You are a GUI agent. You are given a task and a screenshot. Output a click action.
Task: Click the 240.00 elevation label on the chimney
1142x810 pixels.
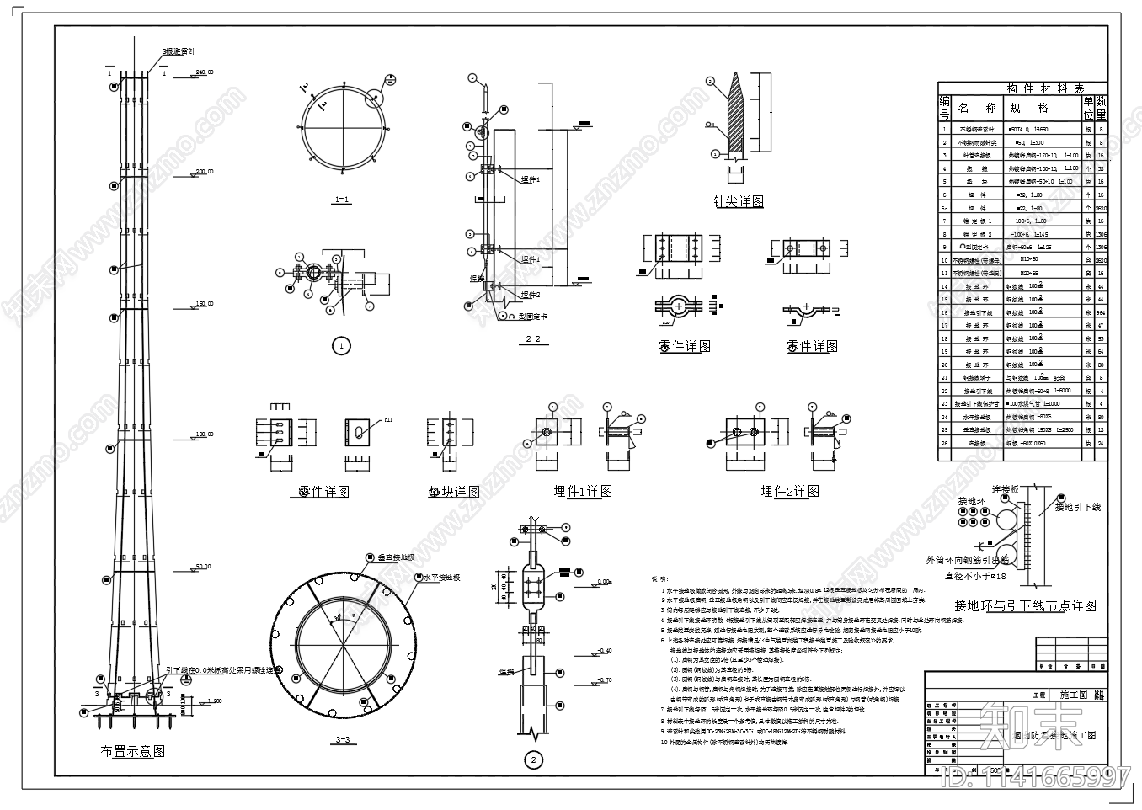205,72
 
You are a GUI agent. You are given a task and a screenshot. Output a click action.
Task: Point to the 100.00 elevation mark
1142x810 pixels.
205,434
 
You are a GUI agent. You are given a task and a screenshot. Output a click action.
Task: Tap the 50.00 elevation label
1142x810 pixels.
203,566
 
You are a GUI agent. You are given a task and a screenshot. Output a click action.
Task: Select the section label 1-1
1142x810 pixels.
343,200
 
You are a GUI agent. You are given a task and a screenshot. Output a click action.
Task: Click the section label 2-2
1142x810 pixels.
532,339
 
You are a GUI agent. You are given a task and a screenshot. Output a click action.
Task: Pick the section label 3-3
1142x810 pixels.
342,740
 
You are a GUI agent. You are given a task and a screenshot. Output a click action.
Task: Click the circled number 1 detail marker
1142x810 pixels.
341,346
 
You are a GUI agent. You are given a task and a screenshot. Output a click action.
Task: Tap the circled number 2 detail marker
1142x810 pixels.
533,759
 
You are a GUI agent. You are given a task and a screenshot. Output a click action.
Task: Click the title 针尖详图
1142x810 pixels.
739,201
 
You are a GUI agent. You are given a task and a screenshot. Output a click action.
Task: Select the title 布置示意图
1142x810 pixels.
133,752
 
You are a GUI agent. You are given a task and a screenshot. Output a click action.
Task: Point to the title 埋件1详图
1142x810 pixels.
582,491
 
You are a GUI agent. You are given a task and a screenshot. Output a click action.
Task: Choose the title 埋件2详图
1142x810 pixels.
790,491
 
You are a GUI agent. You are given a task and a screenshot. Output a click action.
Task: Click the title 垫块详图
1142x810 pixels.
453,492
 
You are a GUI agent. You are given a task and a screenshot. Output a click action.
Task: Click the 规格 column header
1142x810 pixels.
1029,108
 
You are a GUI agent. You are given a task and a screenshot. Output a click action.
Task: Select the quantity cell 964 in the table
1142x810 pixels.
1100,312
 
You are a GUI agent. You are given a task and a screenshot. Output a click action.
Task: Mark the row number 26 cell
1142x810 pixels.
944,443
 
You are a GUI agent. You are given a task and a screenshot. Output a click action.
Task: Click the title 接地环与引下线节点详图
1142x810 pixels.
1025,605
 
